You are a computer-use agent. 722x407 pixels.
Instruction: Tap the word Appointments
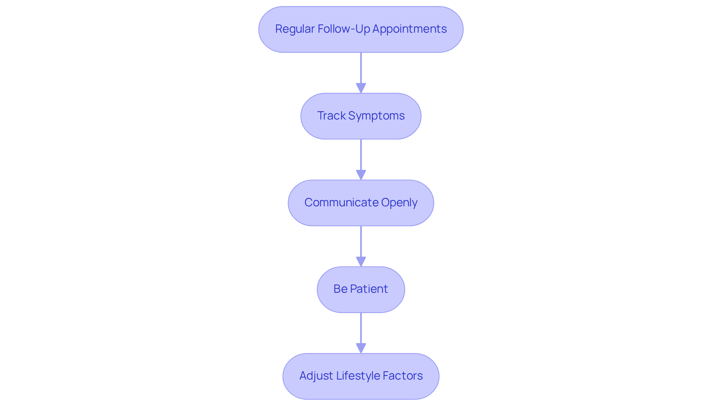(x=410, y=29)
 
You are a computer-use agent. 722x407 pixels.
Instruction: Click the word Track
(x=331, y=116)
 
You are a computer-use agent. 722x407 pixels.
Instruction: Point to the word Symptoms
(x=376, y=116)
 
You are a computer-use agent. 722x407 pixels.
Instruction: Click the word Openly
(x=399, y=203)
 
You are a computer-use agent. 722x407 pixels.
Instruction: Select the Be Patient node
(x=361, y=289)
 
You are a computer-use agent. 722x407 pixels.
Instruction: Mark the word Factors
(x=403, y=376)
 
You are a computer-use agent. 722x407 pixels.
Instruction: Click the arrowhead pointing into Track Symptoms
(x=361, y=88)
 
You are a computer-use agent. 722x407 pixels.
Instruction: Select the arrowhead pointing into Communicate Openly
(x=361, y=175)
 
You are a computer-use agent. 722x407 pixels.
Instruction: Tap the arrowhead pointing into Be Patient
(x=361, y=262)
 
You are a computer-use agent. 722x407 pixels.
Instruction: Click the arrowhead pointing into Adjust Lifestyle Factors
(x=361, y=348)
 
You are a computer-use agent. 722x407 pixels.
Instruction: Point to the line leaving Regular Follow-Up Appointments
(x=361, y=68)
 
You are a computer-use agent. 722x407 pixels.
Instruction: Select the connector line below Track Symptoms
(x=361, y=154)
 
